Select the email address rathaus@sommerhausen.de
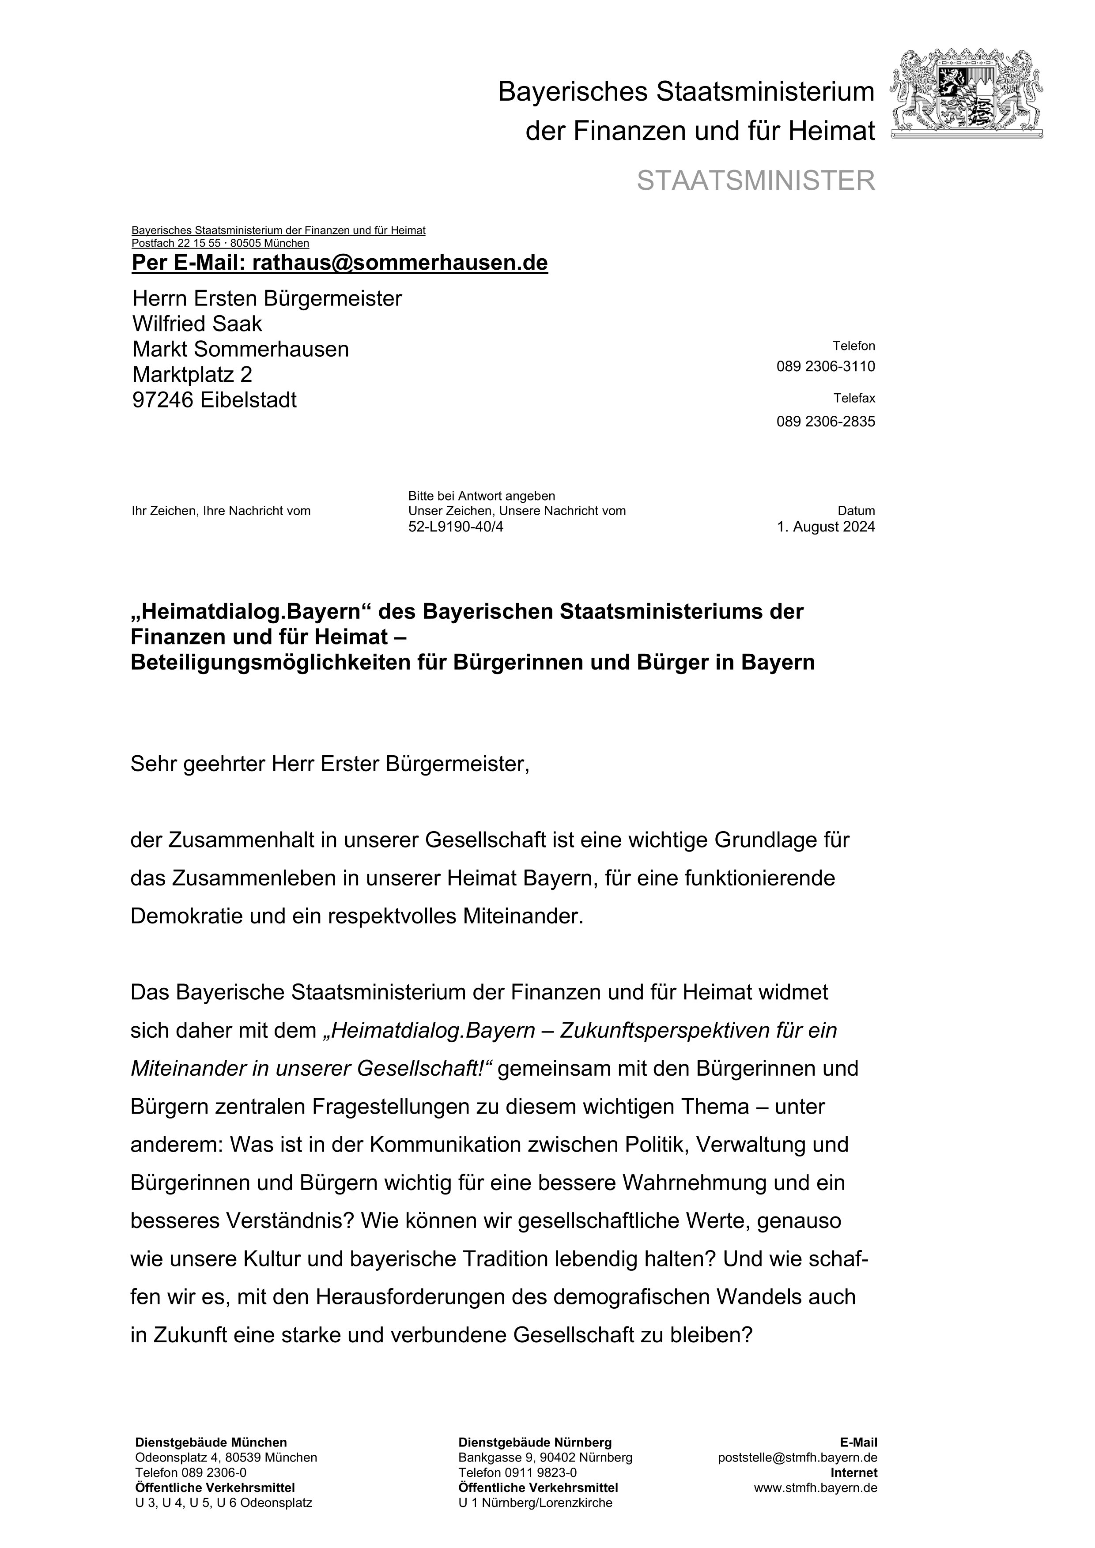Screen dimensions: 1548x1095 pos(400,263)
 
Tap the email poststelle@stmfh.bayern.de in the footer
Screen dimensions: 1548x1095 pos(798,1458)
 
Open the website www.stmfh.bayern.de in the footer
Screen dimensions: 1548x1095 pos(815,1488)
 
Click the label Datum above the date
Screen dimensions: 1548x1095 pos(856,511)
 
